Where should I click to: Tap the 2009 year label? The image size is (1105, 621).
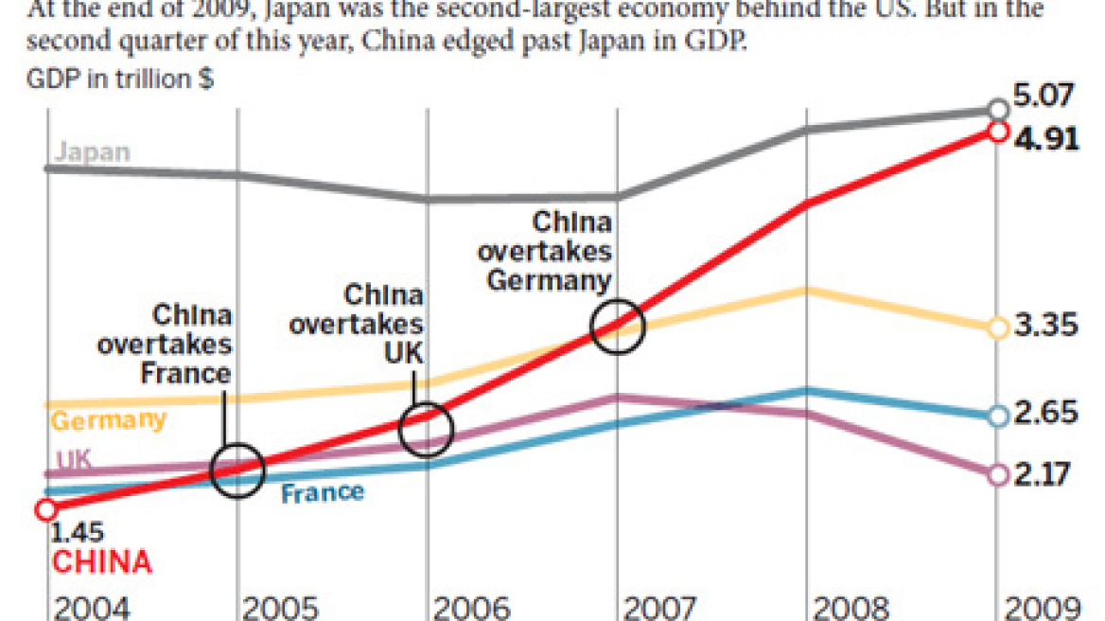pyautogui.click(x=1041, y=607)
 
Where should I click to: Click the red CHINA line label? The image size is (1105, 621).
pyautogui.click(x=101, y=562)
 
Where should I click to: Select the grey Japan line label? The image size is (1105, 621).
pyautogui.click(x=93, y=151)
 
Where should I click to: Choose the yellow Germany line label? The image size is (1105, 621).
pyautogui.click(x=108, y=419)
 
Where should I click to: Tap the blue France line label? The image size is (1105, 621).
pyautogui.click(x=323, y=492)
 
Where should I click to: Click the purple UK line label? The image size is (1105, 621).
pyautogui.click(x=73, y=459)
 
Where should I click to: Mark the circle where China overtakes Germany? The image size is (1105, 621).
pyautogui.click(x=617, y=327)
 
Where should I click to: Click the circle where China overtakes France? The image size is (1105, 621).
pyautogui.click(x=237, y=470)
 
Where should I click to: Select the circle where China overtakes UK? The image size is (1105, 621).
pyautogui.click(x=427, y=430)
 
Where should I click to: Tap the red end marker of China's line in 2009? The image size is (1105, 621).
pyautogui.click(x=997, y=132)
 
